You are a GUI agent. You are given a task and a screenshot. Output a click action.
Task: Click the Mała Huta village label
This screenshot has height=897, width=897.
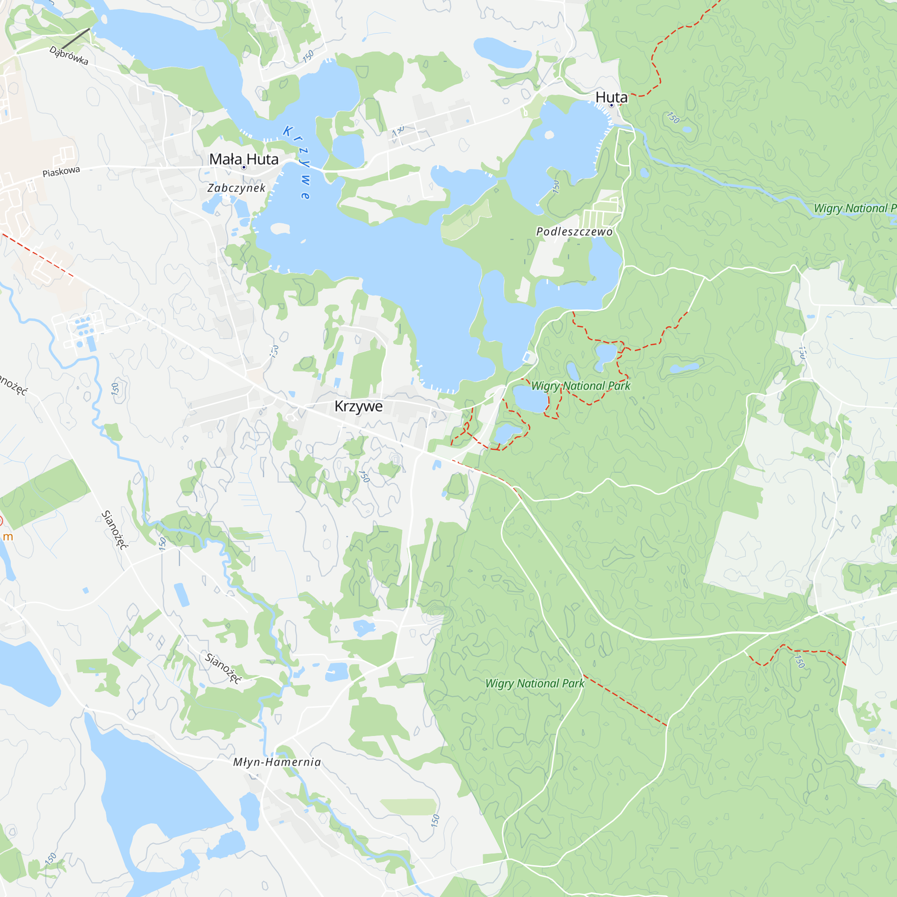[x=244, y=159]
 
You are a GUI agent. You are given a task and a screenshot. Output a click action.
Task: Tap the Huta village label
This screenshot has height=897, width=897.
[x=611, y=97]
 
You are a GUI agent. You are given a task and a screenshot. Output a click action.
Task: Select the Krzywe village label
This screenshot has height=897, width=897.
[x=358, y=406]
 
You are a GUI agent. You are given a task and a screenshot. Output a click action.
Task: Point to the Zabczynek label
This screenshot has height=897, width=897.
[x=236, y=188]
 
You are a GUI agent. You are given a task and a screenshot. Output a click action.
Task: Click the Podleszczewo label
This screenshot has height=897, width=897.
[x=575, y=232]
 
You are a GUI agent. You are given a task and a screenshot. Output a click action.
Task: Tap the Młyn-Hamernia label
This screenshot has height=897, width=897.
[x=277, y=762]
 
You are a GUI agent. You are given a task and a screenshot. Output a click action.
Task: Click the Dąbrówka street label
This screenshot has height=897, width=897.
[x=69, y=56]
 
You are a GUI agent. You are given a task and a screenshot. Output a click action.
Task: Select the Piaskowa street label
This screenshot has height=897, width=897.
[x=61, y=172]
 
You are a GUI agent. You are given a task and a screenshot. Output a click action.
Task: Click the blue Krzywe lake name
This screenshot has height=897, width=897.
[x=297, y=162]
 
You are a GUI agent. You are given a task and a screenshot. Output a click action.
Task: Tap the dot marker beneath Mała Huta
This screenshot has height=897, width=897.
[x=244, y=167]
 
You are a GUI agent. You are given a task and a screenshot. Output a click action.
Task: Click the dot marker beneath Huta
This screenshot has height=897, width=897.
[x=611, y=105]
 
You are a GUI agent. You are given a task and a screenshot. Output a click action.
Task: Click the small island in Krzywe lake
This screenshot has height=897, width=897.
[x=279, y=228]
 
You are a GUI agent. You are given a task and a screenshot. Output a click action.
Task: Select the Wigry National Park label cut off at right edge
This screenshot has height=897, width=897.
[x=855, y=209]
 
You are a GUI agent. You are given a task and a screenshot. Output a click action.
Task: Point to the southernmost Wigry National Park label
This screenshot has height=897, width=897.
[x=535, y=684]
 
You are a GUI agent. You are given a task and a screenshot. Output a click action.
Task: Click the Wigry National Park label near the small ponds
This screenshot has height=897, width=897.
[x=580, y=386]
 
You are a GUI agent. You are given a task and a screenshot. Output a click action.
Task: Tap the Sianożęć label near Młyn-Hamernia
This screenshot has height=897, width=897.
[x=223, y=668]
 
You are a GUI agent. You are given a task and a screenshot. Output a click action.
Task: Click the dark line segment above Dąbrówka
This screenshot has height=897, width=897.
[x=76, y=38]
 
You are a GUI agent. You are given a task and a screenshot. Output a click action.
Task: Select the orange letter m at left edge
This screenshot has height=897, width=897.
[x=8, y=537]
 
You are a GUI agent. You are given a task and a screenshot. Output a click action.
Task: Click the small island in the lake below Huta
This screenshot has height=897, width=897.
[x=549, y=135]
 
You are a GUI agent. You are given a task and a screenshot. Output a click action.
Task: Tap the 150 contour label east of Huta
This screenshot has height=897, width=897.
[x=673, y=118]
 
